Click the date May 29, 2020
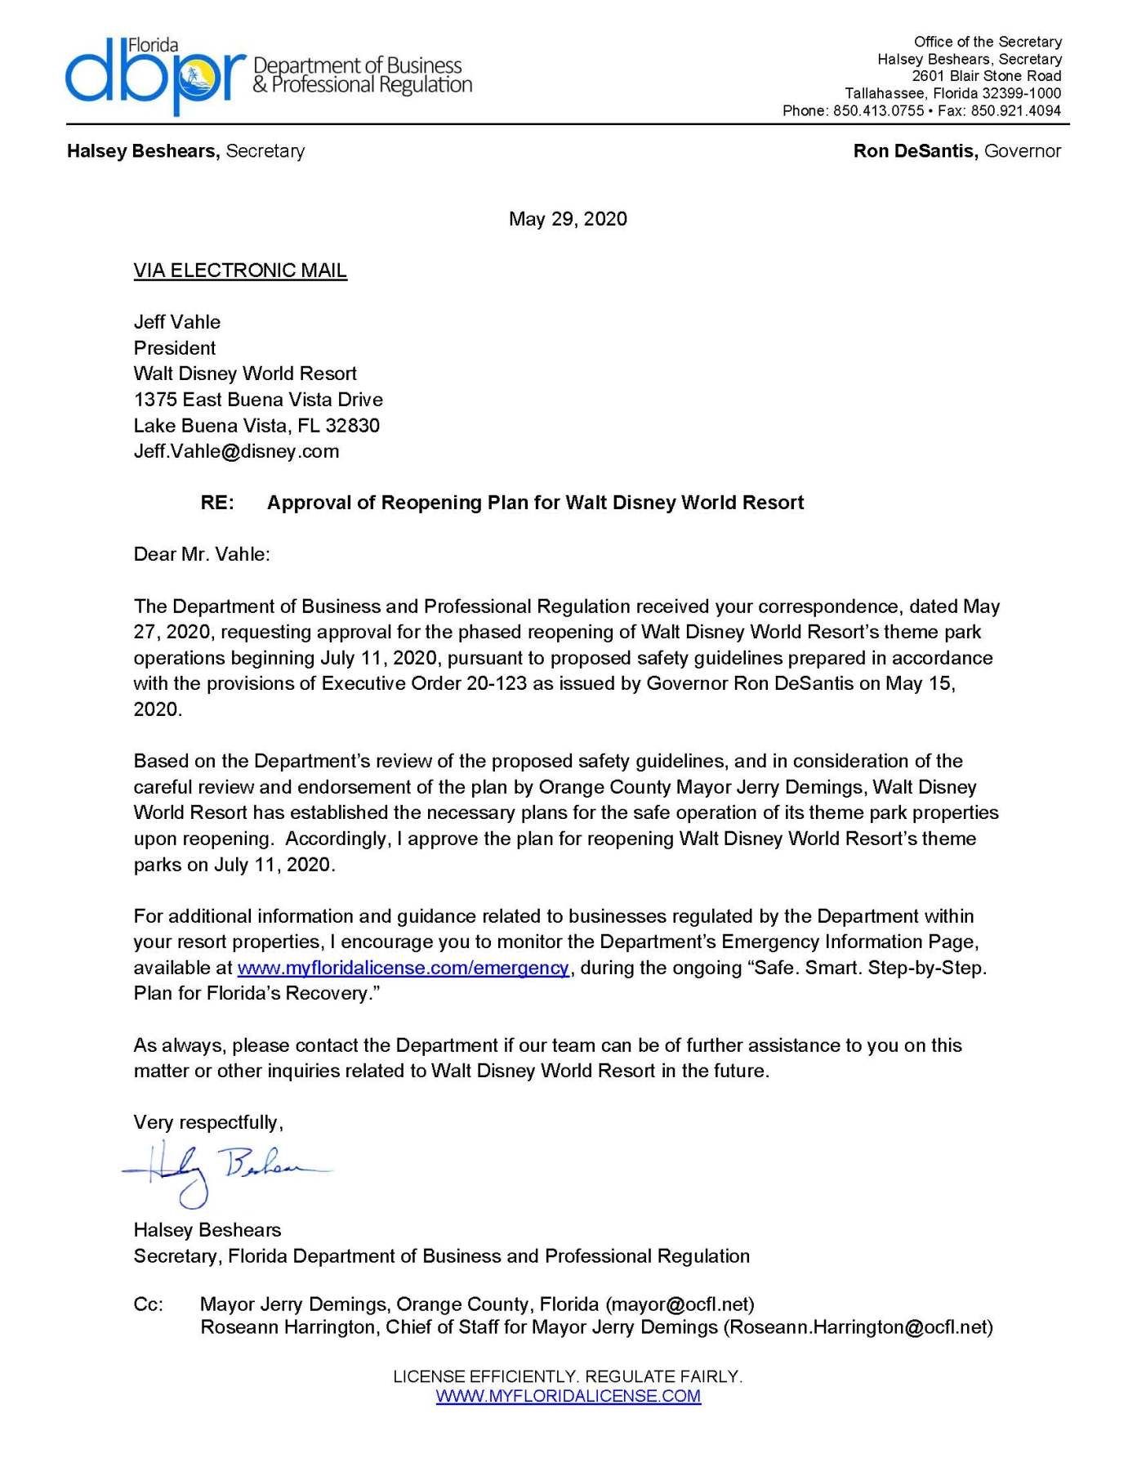pos(568,219)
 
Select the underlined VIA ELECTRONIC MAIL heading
pos(240,271)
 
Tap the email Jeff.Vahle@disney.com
pos(236,451)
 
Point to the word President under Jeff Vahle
pos(175,348)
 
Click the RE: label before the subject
pos(217,503)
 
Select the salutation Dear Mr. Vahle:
pos(202,554)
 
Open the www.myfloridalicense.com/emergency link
pos(403,968)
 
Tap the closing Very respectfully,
pos(208,1122)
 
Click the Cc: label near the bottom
pos(149,1304)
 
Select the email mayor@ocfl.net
pos(680,1304)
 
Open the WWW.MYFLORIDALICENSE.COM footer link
pos(568,1396)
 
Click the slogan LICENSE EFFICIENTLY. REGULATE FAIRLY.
pos(568,1376)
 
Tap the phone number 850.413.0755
pos(878,110)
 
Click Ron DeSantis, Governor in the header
pos(956,151)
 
